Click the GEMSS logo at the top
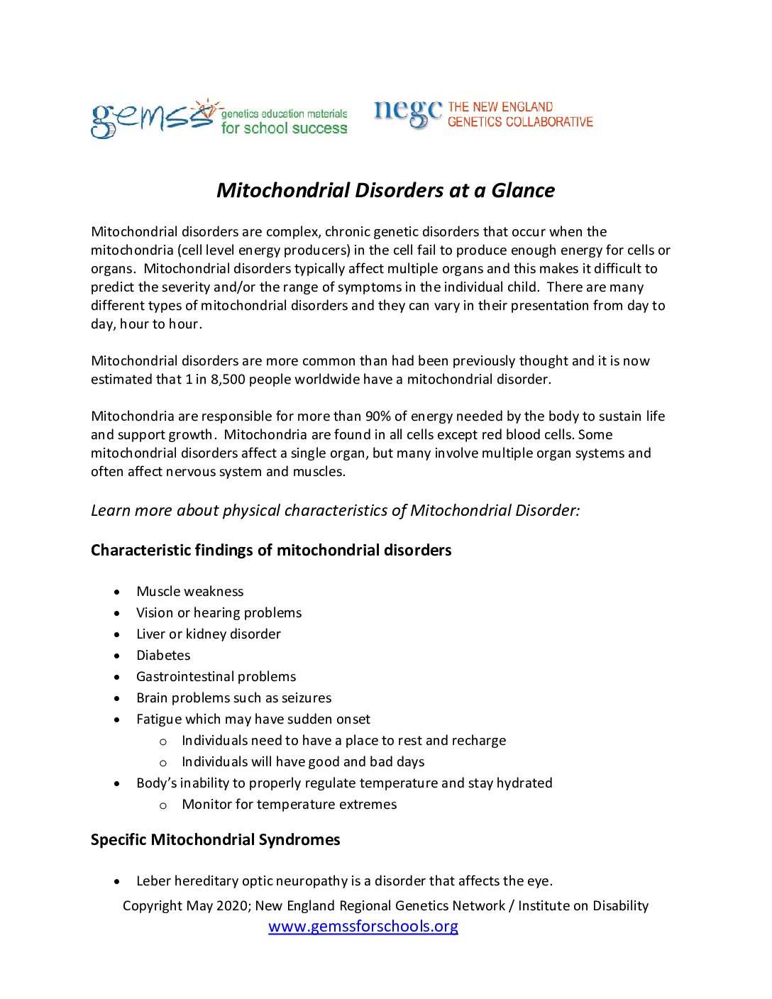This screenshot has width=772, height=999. click(153, 118)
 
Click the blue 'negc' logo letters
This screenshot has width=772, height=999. click(408, 112)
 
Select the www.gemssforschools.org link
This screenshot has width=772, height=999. click(363, 926)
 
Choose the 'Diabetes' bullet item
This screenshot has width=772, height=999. click(163, 655)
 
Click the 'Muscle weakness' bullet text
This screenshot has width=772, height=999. click(189, 591)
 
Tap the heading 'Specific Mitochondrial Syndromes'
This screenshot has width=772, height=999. click(215, 839)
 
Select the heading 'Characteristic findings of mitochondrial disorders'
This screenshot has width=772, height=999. click(271, 550)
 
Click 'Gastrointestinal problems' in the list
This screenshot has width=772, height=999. click(216, 676)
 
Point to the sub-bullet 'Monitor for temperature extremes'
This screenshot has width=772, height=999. click(289, 804)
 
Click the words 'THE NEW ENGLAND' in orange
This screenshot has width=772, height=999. click(500, 107)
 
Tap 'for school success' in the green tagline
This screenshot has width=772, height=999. click(284, 128)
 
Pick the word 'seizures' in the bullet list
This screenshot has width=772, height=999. click(306, 697)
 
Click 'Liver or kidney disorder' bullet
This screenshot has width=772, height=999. click(208, 634)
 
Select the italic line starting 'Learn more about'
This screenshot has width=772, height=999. click(335, 510)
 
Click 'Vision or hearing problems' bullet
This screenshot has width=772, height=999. click(219, 612)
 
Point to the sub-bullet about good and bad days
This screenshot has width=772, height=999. click(303, 761)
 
